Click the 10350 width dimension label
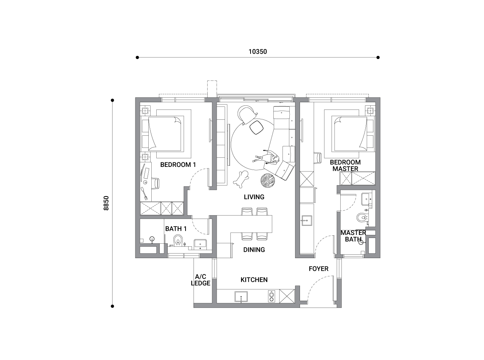click(x=257, y=52)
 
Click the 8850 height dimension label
click(x=106, y=203)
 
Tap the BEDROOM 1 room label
click(x=178, y=165)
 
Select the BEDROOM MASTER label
click(x=345, y=165)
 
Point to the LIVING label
click(x=254, y=197)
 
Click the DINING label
click(x=254, y=250)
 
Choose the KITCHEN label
click(x=254, y=280)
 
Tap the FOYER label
click(x=319, y=269)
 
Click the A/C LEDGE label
click(x=200, y=280)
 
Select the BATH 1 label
click(x=176, y=228)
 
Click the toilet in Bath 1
click(x=178, y=240)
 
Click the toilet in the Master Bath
click(x=362, y=217)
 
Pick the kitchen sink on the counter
click(x=241, y=297)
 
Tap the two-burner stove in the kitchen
click(x=271, y=296)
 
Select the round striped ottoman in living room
click(x=268, y=181)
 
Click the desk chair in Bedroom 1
click(x=156, y=184)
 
